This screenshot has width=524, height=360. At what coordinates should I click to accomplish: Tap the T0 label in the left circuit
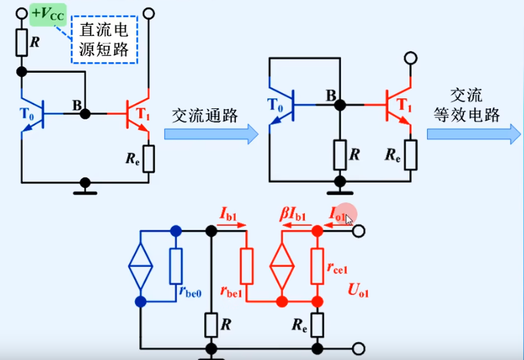point(28,112)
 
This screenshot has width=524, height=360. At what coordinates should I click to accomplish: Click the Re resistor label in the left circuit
point(132,157)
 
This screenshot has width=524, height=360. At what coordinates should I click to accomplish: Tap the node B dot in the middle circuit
point(340,105)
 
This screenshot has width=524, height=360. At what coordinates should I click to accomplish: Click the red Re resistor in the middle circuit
point(411,153)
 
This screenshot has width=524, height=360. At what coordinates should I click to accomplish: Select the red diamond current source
point(282,267)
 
